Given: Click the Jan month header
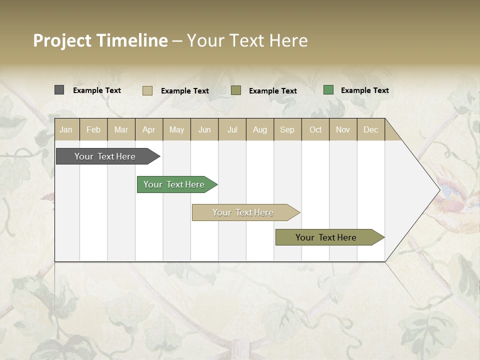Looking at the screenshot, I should point(66,129).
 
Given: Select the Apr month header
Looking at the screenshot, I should point(149,129).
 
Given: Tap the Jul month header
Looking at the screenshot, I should point(232,129).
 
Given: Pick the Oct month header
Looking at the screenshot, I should point(315,129).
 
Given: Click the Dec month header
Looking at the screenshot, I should point(370,129).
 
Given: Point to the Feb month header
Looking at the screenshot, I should point(93,129).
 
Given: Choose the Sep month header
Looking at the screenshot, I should point(287,129).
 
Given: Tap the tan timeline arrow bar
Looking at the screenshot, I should point(243,212).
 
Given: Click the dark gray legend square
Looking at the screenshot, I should point(59,90).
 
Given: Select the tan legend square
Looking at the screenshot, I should point(147,90).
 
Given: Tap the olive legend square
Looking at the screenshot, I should point(236,90).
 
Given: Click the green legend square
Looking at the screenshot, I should point(328,90).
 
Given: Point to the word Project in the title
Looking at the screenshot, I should point(62,40).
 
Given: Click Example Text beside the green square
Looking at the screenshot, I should point(364,90).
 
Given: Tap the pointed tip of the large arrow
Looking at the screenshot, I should point(439,190).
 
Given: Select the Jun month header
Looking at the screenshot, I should point(204,129).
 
